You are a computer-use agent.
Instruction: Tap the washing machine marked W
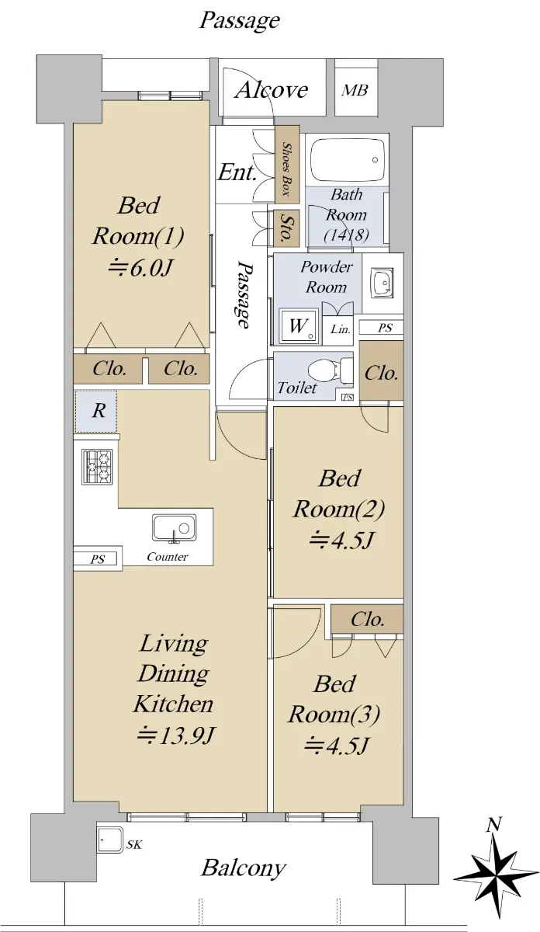[x=299, y=326]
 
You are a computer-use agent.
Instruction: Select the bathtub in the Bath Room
[x=348, y=160]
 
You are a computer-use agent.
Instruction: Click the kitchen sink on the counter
[x=174, y=528]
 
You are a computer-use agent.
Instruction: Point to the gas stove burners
[x=97, y=467]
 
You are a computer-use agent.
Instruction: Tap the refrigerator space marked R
[x=95, y=411]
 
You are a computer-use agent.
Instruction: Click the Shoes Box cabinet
[x=287, y=165]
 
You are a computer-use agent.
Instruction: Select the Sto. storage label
[x=286, y=228]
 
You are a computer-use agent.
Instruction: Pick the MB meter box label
[x=355, y=90]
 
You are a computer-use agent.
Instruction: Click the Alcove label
[x=271, y=90]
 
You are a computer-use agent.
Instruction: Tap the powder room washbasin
[x=382, y=283]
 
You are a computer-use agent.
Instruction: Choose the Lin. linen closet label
[x=341, y=329]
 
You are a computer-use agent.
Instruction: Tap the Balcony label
[x=244, y=868]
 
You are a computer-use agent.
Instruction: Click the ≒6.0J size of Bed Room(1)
[x=140, y=269]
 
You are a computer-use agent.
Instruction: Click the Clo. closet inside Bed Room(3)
[x=367, y=619]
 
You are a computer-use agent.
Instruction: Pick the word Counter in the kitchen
[x=167, y=557]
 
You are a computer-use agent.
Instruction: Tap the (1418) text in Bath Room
[x=346, y=235]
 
